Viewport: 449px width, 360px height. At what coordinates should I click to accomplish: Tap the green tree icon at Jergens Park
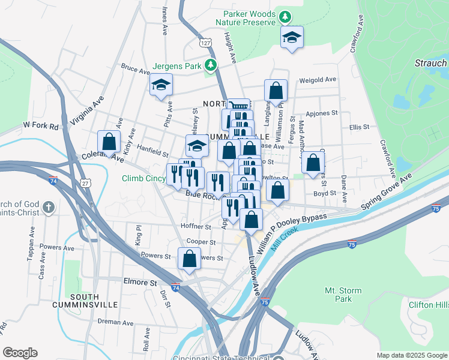[x=210, y=65]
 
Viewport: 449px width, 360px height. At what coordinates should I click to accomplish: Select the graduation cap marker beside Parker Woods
[x=292, y=37]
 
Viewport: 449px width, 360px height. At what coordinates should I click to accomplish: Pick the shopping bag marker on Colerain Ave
[x=109, y=142]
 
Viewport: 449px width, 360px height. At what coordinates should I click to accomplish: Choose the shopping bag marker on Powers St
[x=189, y=259]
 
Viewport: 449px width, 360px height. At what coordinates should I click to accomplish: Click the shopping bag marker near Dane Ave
[x=313, y=162]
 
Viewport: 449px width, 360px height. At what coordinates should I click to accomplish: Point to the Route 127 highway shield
[x=206, y=43]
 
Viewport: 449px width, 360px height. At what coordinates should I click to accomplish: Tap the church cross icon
[x=49, y=208]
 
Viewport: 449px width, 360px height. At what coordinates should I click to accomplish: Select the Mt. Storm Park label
[x=343, y=295]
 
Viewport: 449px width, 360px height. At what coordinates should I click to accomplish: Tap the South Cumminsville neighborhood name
[x=94, y=301]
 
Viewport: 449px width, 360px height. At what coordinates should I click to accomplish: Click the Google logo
[x=20, y=352]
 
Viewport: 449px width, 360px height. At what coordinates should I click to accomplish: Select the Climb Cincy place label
[x=143, y=178]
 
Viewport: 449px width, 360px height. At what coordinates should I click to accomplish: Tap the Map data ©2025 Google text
[x=411, y=355]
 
